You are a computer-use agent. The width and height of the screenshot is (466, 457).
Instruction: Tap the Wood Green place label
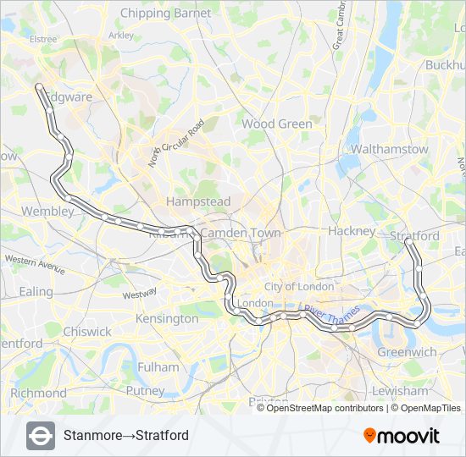[x=277, y=124]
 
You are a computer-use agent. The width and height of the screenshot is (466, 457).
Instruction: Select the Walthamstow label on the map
[x=390, y=149]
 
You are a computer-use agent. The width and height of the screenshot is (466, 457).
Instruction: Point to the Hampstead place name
[x=198, y=202]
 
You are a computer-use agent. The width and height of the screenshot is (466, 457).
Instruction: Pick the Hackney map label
[x=352, y=231]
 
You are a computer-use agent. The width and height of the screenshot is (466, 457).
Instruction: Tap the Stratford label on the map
[x=414, y=235]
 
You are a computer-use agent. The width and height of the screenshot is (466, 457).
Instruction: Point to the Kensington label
[x=168, y=319]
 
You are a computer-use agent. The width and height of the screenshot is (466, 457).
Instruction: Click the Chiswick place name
[x=87, y=332]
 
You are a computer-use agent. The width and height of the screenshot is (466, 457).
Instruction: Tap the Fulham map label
[x=158, y=367]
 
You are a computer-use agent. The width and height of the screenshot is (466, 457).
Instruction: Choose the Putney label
[x=145, y=391]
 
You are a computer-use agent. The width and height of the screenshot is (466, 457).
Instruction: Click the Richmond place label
[x=38, y=393]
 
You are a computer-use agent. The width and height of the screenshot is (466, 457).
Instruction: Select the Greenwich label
[x=407, y=352]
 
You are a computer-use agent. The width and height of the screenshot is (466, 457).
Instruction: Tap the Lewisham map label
[x=400, y=391]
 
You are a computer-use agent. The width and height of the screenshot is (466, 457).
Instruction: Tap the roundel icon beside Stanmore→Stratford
[x=41, y=436]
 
